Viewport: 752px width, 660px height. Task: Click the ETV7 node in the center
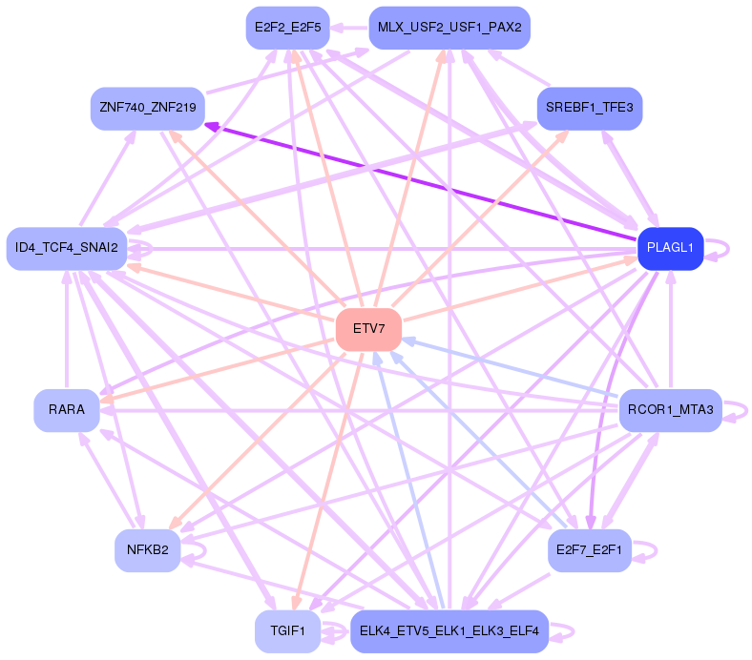click(x=368, y=329)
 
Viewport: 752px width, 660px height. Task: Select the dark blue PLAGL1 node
click(x=670, y=248)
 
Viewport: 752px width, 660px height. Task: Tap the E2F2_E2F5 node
click(x=287, y=27)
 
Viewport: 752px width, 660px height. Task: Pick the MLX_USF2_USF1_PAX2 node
click(x=449, y=27)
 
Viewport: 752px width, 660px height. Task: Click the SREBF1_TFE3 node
click(x=590, y=107)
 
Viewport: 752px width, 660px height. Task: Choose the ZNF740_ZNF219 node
click(x=147, y=108)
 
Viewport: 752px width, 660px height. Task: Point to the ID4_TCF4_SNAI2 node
click(x=67, y=248)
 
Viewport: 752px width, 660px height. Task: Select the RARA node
click(x=67, y=410)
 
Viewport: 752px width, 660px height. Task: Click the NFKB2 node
click(x=148, y=549)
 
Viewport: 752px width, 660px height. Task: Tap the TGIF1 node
click(x=287, y=630)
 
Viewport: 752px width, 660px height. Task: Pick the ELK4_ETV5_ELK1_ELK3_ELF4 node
click(x=449, y=630)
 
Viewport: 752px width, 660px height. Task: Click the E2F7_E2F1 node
click(x=590, y=549)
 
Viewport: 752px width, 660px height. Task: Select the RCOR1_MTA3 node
click(x=670, y=410)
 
